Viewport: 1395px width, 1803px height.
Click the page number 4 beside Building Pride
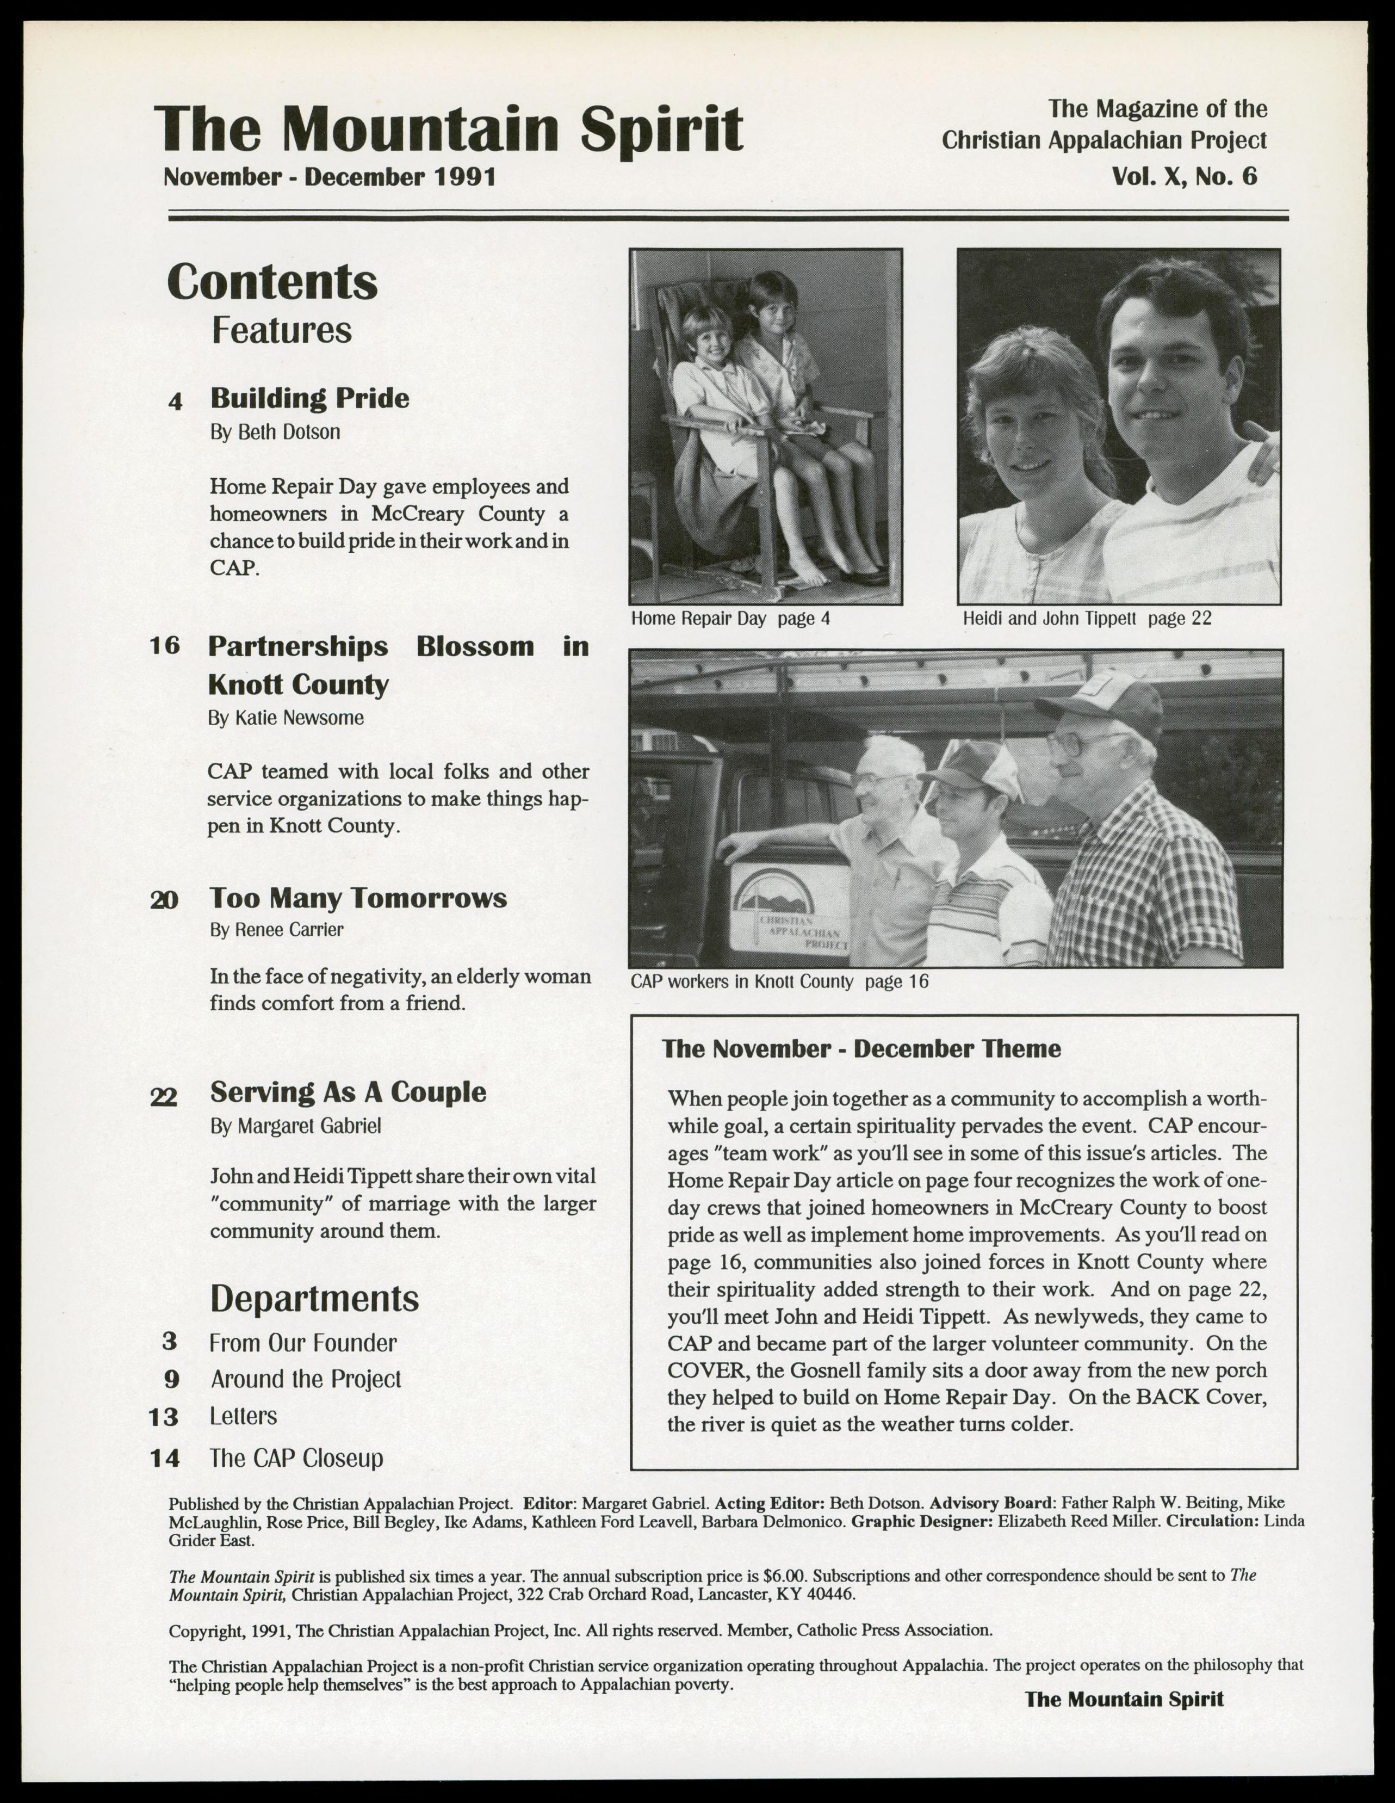tap(175, 401)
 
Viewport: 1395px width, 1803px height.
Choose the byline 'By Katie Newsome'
tap(285, 718)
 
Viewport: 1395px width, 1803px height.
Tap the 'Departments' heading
tap(314, 1299)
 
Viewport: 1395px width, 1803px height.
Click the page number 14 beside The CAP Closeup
tap(165, 1458)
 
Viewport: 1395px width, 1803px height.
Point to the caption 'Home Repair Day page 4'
tap(730, 619)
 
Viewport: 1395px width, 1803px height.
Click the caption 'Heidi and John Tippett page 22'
tap(1086, 619)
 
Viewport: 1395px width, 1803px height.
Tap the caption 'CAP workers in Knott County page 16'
tap(779, 981)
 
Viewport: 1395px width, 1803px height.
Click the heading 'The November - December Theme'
tap(861, 1048)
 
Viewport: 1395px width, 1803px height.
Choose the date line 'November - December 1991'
tap(330, 177)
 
